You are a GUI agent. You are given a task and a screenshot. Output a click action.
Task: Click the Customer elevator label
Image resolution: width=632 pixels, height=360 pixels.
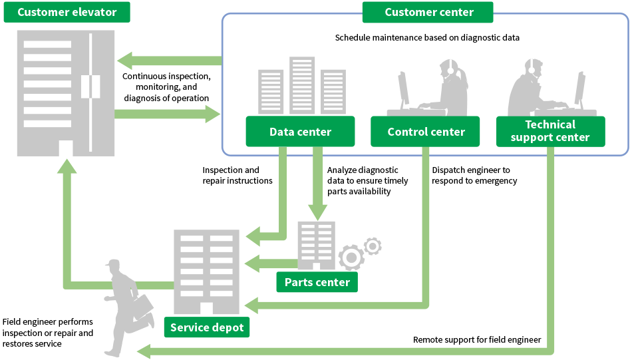67,12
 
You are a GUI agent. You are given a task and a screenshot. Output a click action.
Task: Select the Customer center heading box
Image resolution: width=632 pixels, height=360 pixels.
428,12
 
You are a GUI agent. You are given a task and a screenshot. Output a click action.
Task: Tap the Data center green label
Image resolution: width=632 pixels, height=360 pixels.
299,132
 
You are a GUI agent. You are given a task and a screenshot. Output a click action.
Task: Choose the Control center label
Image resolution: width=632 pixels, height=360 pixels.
425,132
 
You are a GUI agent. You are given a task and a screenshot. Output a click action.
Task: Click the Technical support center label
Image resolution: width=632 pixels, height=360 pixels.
550,131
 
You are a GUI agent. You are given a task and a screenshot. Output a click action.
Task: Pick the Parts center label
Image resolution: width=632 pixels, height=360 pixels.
317,282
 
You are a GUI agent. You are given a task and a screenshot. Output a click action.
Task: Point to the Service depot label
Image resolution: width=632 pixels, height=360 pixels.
206,327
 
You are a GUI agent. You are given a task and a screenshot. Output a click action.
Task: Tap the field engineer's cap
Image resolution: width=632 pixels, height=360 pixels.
114,264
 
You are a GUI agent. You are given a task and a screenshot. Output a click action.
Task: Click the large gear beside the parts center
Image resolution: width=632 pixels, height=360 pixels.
351,257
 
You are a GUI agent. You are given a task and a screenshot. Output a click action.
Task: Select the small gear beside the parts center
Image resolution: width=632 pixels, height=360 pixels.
373,246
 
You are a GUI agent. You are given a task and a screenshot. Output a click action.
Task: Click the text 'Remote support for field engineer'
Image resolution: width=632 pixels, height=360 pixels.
476,340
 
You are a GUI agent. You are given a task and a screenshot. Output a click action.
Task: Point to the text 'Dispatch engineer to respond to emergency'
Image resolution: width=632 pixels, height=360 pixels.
474,176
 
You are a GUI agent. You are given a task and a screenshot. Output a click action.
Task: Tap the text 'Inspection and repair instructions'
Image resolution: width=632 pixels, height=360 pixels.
237,176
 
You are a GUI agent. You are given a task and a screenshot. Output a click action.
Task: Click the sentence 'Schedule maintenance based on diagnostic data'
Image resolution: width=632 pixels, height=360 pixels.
426,38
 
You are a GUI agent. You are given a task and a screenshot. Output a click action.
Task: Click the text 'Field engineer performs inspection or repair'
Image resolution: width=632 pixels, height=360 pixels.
48,327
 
